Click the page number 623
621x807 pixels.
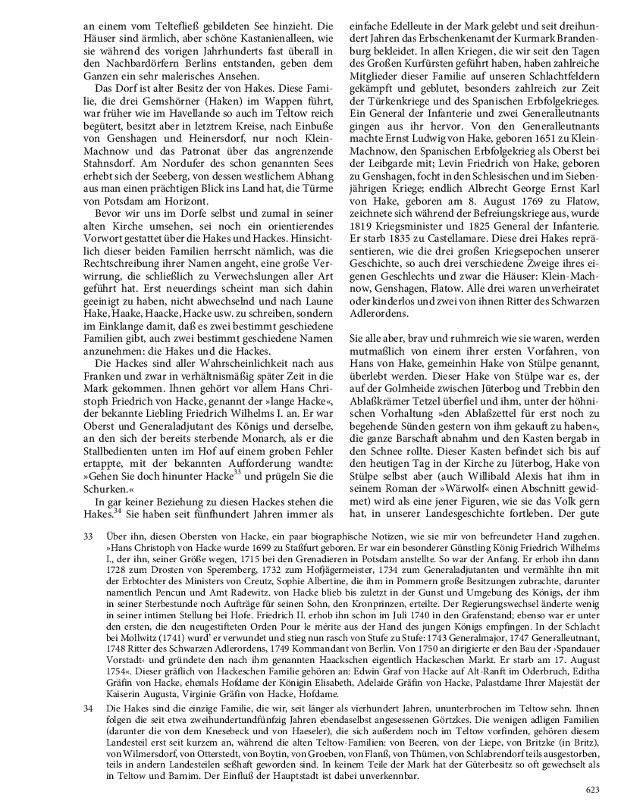[x=594, y=790]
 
